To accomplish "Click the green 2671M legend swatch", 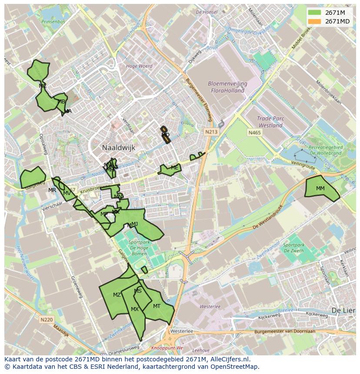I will (315, 13).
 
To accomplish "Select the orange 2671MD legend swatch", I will (315, 21).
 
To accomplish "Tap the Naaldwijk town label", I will (119, 148).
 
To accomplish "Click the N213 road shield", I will (212, 131).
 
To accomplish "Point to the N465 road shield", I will (255, 132).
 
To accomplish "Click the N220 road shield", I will (47, 320).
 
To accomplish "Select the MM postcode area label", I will (320, 189).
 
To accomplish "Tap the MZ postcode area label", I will (117, 295).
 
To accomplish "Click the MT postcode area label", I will (157, 306).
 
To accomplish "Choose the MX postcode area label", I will (135, 309).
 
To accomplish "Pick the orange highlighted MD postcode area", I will (165, 135).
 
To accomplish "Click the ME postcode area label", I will (174, 168).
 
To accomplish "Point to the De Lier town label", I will (341, 311).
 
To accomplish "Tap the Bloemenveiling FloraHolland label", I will (221, 87).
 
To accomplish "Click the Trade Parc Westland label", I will (270, 122).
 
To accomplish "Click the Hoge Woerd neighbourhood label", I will (139, 66).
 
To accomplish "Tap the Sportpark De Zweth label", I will (294, 248).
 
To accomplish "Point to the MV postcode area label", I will (67, 193).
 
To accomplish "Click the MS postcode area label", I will (138, 291).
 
